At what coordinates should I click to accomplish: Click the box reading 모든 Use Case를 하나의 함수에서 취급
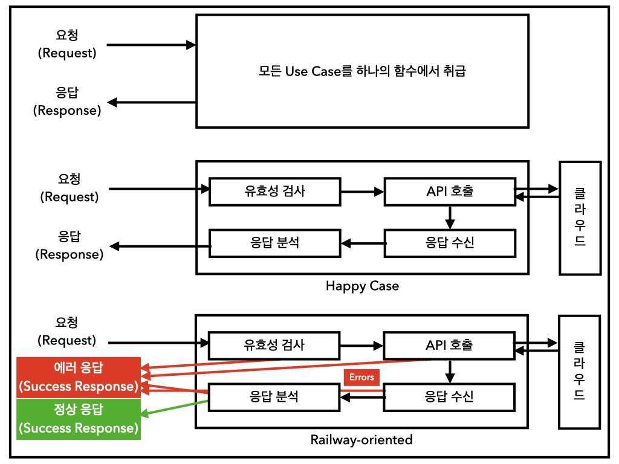pos(362,71)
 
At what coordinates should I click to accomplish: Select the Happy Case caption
pos(362,286)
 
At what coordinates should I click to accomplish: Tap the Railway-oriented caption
pos(361,439)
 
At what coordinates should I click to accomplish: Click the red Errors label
pos(361,378)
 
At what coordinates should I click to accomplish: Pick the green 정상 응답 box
pos(79,419)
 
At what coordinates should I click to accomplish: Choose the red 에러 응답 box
pos(79,377)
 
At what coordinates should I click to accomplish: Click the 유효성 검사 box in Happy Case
pos(274,192)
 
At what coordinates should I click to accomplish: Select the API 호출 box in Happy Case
pos(450,192)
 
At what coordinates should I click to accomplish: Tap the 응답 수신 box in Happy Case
pos(450,243)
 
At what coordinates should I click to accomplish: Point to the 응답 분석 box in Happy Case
pos(274,243)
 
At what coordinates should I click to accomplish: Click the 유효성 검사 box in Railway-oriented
pos(274,346)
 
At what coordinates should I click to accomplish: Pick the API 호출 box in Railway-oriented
pos(449,346)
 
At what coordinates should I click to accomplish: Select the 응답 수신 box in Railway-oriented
pos(449,397)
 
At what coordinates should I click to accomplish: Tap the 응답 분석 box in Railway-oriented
pos(274,397)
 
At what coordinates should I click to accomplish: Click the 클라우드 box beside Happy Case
pos(580,217)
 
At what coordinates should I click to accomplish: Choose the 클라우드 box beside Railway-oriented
pos(579,372)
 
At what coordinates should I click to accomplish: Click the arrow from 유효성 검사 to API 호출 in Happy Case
pos(362,192)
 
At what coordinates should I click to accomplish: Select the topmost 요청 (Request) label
pos(67,45)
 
